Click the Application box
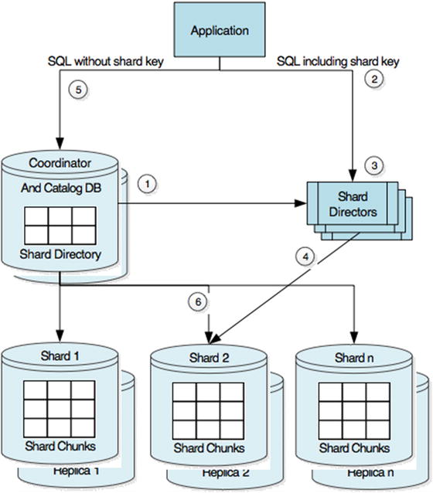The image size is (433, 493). click(x=220, y=31)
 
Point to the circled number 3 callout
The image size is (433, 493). click(x=373, y=165)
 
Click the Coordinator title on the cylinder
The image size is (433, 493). click(x=60, y=163)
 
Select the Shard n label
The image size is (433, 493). click(x=354, y=358)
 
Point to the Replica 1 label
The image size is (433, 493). click(x=77, y=471)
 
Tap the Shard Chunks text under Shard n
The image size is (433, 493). click(x=354, y=447)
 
